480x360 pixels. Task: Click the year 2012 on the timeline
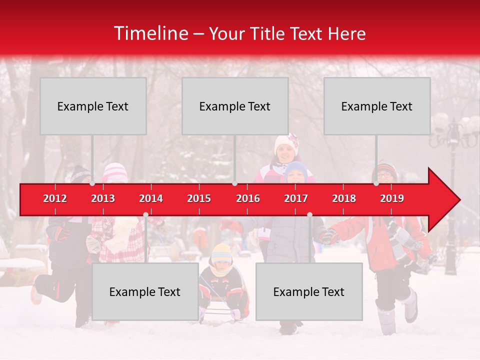[x=55, y=198]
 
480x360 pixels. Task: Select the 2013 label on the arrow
[x=103, y=198]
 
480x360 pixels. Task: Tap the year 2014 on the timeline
[x=151, y=198]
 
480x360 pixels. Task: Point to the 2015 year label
[x=199, y=198]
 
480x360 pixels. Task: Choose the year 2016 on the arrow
[x=248, y=198]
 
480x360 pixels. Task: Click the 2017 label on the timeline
[x=296, y=198]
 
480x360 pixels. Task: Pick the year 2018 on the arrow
[x=344, y=198]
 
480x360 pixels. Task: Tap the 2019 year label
[x=392, y=198]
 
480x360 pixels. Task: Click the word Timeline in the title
[x=150, y=33]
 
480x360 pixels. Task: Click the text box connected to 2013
[x=93, y=106]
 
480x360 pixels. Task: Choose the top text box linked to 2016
[x=235, y=106]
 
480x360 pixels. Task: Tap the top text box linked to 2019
[x=377, y=106]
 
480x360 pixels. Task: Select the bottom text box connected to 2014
[x=145, y=291]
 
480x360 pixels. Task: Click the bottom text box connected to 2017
[x=309, y=291]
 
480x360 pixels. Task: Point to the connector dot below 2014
[x=145, y=215]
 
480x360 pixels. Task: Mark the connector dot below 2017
[x=309, y=215]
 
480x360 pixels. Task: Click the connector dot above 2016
[x=235, y=183]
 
